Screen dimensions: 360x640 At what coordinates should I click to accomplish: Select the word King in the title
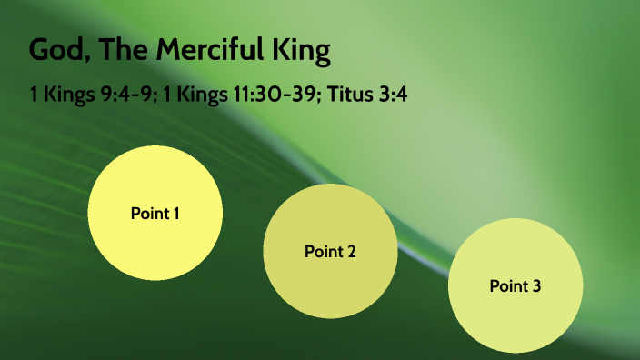(304, 51)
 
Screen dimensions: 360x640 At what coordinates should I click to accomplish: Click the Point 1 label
(155, 214)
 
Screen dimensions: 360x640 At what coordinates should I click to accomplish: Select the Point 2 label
(330, 251)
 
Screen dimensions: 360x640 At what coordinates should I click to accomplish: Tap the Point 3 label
(515, 286)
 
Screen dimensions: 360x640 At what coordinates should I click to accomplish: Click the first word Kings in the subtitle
(65, 95)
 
